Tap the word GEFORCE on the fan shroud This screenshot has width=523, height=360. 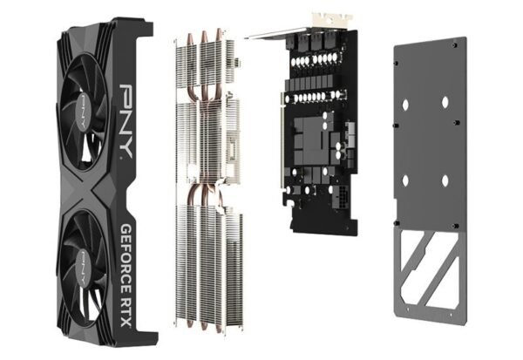126,255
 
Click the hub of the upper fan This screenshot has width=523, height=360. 83,111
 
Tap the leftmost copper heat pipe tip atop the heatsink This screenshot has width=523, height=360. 189,38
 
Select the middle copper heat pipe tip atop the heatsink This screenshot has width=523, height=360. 204,36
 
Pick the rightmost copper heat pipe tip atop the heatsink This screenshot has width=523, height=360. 219,34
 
